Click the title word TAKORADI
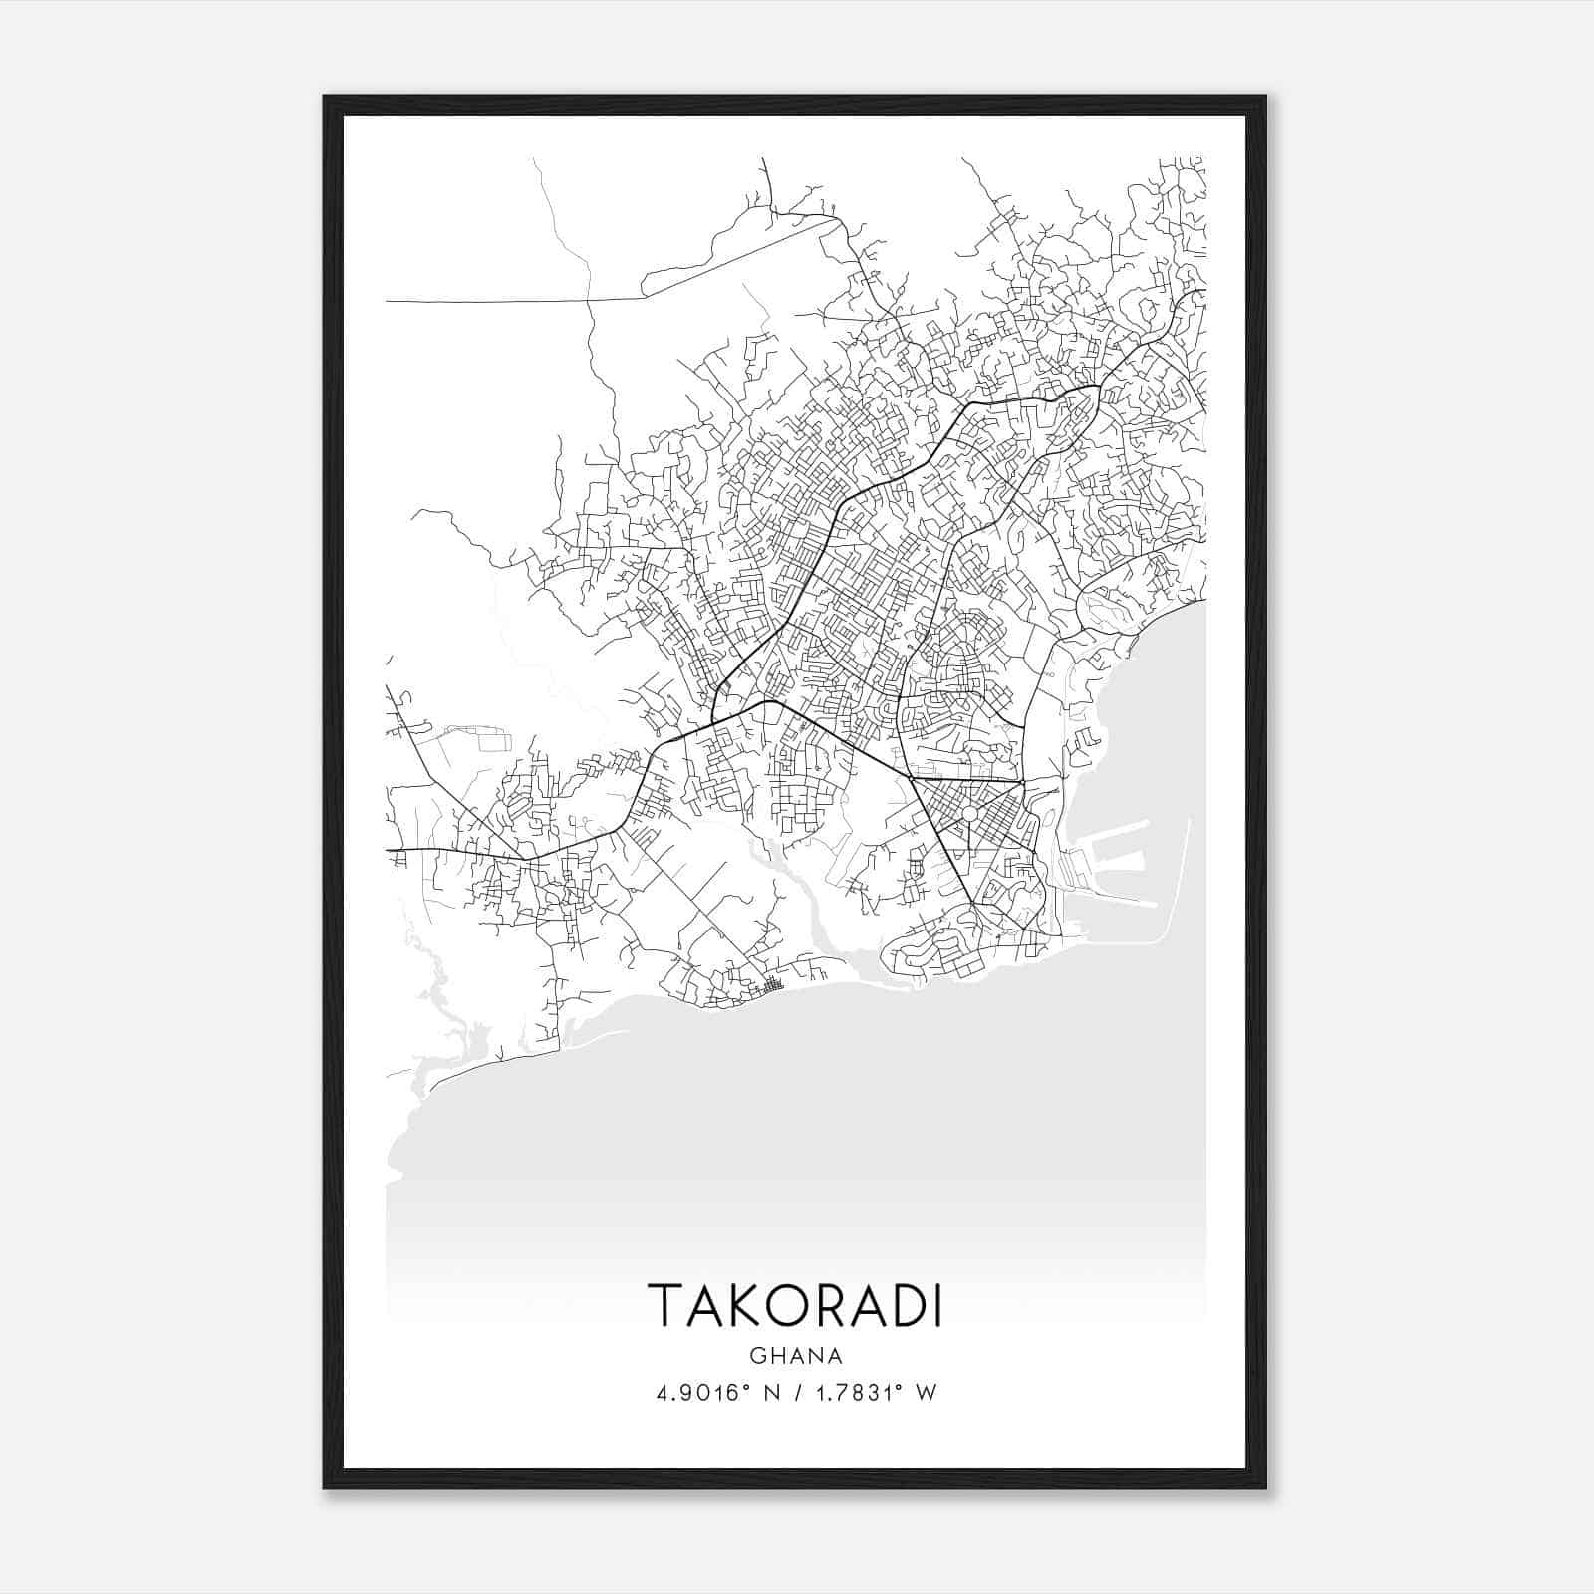coord(795,1304)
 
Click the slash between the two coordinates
coord(797,1393)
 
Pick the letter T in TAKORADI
coord(665,1304)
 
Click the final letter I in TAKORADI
coord(935,1304)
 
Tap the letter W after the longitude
coord(927,1393)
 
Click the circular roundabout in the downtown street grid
coord(968,815)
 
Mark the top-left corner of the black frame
coord(326,98)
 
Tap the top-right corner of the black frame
coord(1264,98)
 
